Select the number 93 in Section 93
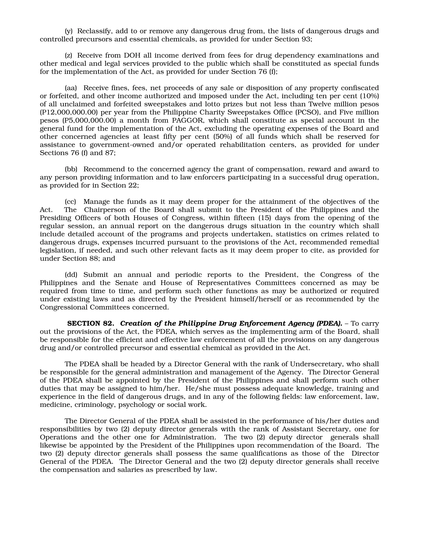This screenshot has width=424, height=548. click(306, 39)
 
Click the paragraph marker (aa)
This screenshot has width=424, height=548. click(71, 88)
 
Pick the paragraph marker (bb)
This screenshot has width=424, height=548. click(71, 169)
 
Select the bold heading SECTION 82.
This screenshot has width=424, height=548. click(91, 323)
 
